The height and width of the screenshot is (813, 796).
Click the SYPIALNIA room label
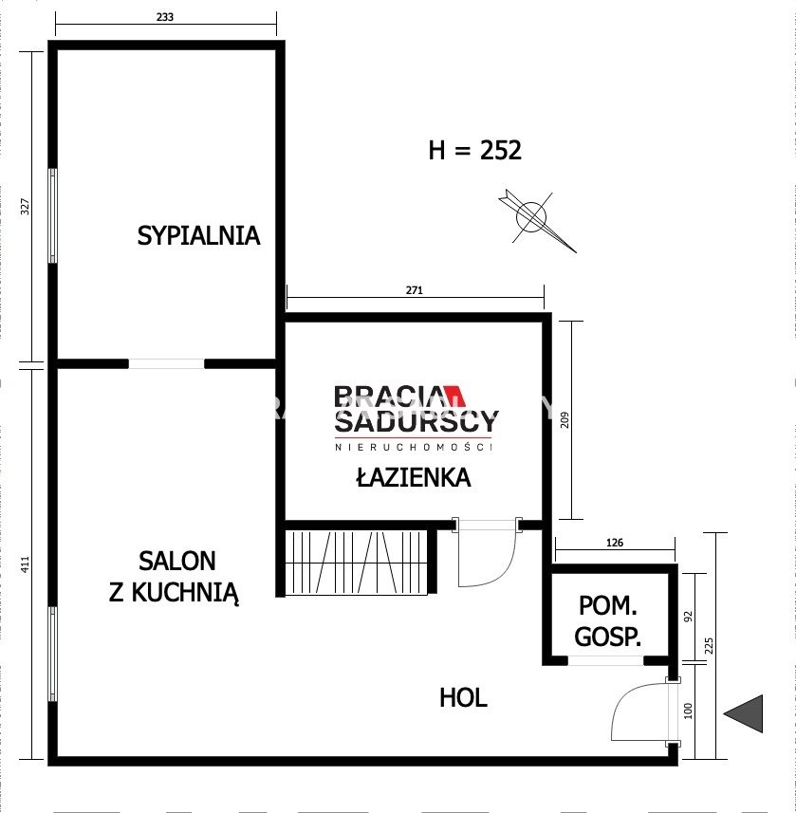tap(198, 236)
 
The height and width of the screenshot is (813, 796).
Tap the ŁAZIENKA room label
tap(414, 477)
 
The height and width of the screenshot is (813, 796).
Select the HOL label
tap(463, 698)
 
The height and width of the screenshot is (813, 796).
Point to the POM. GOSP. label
tap(608, 621)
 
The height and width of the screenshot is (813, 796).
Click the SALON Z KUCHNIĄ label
tap(175, 577)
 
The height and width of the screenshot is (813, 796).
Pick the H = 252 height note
tap(474, 151)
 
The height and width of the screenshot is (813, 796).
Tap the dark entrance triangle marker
tap(744, 713)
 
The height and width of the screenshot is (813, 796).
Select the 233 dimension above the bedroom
tap(165, 17)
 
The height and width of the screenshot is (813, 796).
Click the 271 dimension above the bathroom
tap(414, 290)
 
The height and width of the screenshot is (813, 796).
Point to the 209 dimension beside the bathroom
tap(565, 420)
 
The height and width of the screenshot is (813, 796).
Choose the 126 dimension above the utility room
tap(615, 543)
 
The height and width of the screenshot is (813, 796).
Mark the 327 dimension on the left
tap(25, 207)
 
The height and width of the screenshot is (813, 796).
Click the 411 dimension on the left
tap(25, 564)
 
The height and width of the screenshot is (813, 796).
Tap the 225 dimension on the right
tap(709, 646)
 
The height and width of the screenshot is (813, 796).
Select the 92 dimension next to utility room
tap(688, 617)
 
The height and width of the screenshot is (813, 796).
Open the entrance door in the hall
tap(644, 711)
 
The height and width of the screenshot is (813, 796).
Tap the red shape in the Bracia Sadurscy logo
tap(455, 396)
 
